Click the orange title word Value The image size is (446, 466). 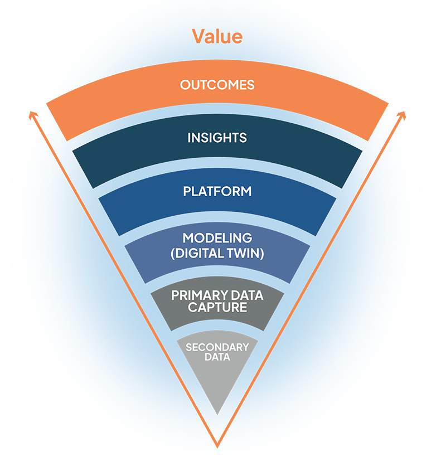tap(217, 36)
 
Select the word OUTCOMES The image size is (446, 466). tap(217, 85)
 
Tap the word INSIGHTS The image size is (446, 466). tap(217, 138)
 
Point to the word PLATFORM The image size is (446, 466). tap(217, 191)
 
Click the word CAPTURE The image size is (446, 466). tap(217, 307)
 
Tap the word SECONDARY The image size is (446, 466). tap(217, 347)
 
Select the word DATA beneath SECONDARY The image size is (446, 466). tap(217, 357)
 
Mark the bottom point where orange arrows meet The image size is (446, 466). tap(217, 446)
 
